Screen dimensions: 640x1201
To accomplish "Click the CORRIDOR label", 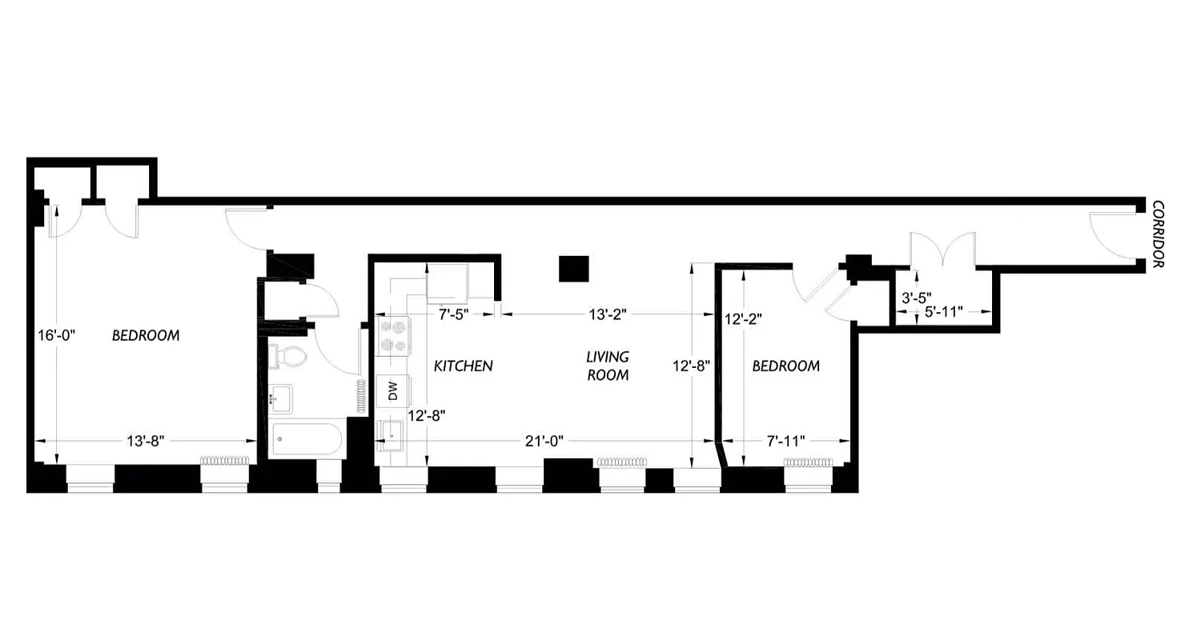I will (x=1158, y=234).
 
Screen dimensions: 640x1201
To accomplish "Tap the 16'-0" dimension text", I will (x=56, y=335).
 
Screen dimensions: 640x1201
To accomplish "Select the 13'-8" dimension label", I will (x=146, y=440).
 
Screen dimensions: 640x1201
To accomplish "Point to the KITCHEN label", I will (x=463, y=366).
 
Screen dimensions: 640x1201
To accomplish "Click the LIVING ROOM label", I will (x=608, y=366).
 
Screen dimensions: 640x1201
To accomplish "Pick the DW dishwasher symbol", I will (x=392, y=391).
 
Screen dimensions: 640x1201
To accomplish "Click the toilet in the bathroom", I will (x=289, y=356).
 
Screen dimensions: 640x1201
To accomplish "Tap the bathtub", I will (x=307, y=439).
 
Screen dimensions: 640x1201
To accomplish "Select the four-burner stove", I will (x=393, y=336).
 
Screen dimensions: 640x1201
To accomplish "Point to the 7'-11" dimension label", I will (x=785, y=440).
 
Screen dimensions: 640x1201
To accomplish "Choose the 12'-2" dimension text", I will (x=742, y=318).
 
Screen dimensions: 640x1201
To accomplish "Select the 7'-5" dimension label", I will (x=453, y=314).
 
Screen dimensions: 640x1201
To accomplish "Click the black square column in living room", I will (x=573, y=269).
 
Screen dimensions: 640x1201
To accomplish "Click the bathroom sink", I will (x=280, y=398).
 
